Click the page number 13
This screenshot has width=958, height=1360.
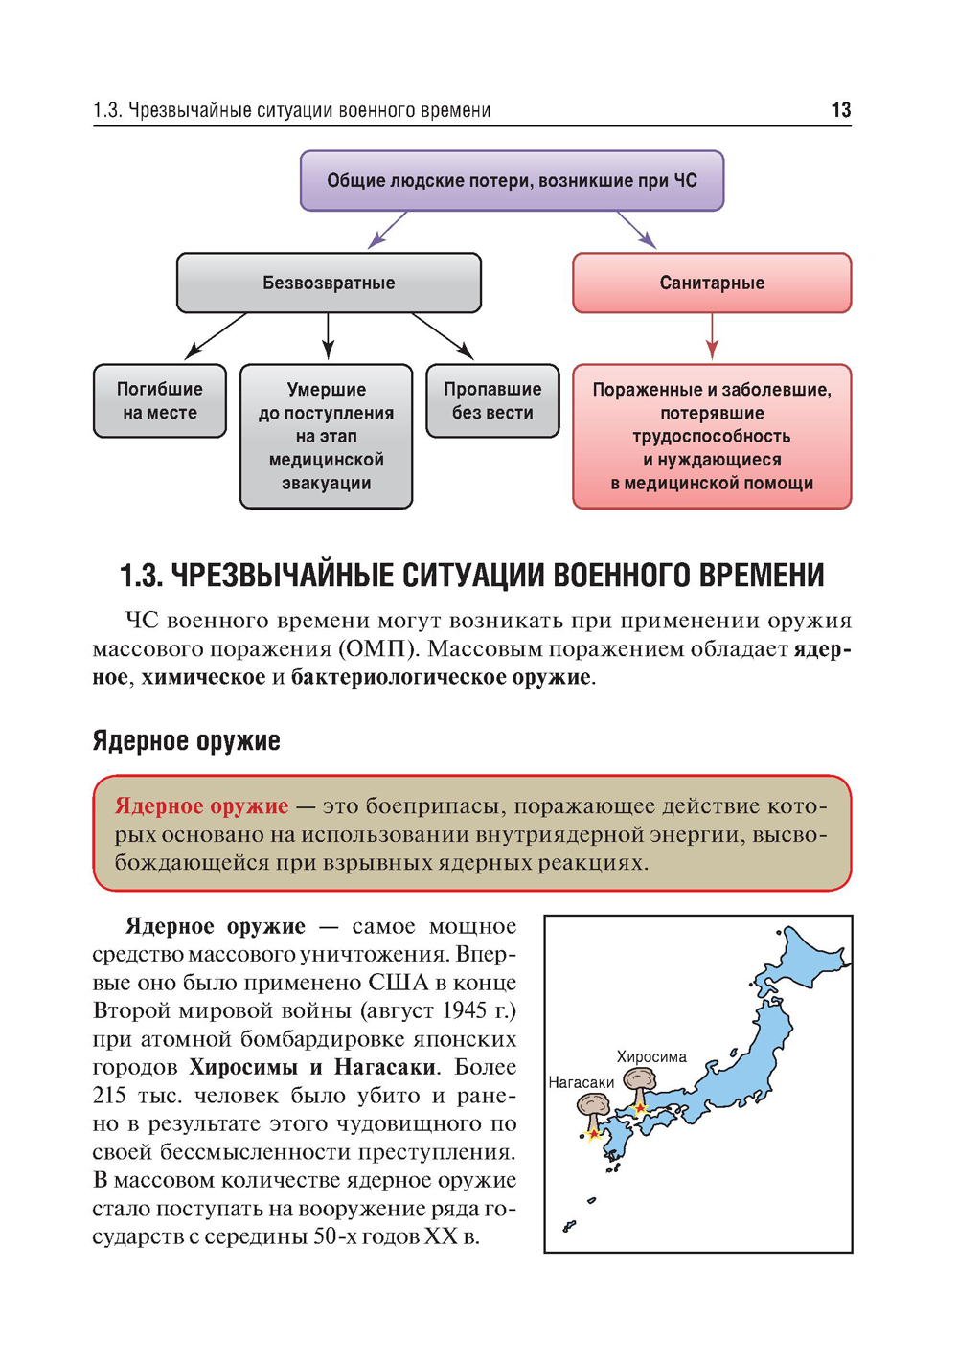tap(840, 110)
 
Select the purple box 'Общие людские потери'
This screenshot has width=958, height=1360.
tap(512, 180)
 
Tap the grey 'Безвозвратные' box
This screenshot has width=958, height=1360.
tap(329, 283)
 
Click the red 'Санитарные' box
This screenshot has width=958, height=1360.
tap(712, 283)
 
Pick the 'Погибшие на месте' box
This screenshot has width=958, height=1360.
tap(160, 400)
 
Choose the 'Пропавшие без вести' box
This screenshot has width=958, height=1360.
tap(492, 400)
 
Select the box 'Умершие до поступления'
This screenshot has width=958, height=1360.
tap(326, 436)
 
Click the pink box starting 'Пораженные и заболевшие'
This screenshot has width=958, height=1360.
tap(712, 436)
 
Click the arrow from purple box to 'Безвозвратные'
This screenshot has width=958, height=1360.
tap(388, 230)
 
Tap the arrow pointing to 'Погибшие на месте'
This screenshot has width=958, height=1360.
tap(216, 336)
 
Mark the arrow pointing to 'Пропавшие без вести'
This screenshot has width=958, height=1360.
tap(443, 336)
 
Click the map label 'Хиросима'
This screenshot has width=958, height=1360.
tap(651, 1056)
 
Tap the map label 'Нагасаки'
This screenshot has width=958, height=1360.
tap(581, 1082)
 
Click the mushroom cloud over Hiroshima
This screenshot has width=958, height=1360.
tap(638, 1083)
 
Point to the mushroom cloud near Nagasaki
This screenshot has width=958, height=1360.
tap(592, 1110)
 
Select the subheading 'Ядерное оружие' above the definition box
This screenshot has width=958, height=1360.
tap(186, 740)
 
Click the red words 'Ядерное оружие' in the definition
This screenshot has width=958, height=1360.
tap(201, 805)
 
